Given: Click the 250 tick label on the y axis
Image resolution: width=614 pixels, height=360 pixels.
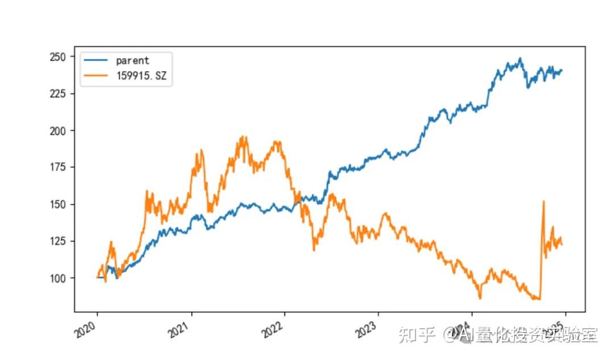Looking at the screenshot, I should coord(59,57).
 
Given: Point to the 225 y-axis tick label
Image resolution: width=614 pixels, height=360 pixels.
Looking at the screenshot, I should coord(59,93).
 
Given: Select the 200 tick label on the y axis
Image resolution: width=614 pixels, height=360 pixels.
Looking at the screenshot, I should coord(59,130).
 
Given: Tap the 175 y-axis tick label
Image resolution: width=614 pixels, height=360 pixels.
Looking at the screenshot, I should coord(59,167).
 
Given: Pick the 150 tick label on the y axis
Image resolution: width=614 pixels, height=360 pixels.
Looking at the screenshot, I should coord(59,204).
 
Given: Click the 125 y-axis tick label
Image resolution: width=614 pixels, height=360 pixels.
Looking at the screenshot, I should coord(59,241).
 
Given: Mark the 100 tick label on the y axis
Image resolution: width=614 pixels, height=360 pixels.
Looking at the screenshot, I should coord(59,278).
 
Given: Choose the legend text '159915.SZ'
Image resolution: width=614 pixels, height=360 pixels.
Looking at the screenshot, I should coord(141,76).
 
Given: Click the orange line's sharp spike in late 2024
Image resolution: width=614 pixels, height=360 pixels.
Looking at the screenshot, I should coord(544,201).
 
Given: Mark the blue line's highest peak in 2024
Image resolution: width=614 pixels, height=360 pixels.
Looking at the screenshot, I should coord(520,58).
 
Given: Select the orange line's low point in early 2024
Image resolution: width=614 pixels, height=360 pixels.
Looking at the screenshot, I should coord(480,298).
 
